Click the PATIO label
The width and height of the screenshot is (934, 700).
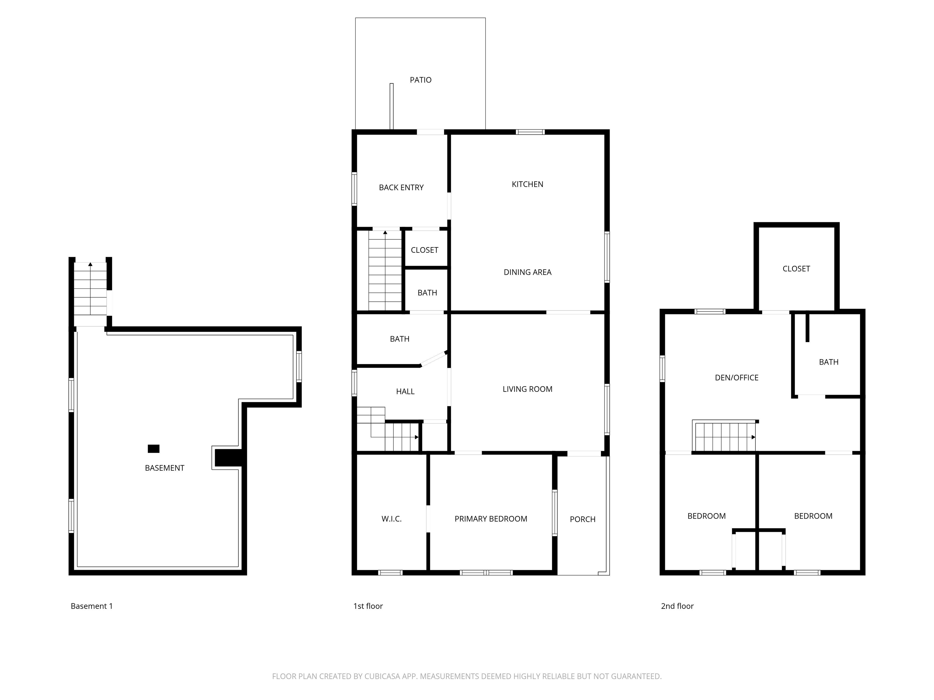tap(420, 80)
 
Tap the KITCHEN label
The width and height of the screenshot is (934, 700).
tap(528, 184)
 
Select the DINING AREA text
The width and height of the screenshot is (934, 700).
tap(528, 272)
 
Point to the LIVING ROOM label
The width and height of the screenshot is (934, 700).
tap(528, 389)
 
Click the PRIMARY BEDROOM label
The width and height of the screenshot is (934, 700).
tap(491, 519)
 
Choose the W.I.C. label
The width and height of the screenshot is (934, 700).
tap(391, 519)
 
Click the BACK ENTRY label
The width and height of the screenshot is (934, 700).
tap(401, 187)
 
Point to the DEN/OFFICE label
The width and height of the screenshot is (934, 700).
tap(736, 378)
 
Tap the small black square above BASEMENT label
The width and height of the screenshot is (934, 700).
tap(153, 448)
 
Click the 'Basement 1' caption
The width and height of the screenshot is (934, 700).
tap(92, 606)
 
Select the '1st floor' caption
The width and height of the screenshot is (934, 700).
tap(368, 606)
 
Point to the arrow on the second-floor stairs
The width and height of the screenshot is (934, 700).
tap(753, 437)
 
